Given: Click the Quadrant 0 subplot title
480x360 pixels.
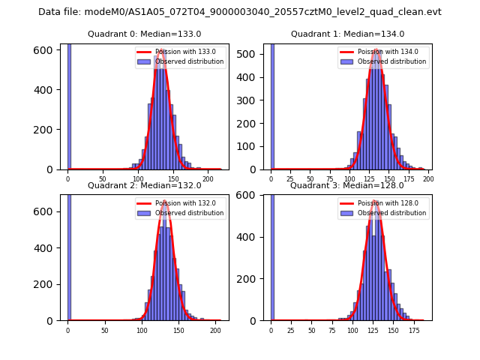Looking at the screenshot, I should (x=144, y=34).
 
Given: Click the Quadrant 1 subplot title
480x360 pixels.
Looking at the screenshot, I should (x=347, y=34).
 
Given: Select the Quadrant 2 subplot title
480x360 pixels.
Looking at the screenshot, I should (x=144, y=185).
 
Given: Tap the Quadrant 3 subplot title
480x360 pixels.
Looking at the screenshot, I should (x=347, y=185).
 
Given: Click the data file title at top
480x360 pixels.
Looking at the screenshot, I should (x=240, y=12).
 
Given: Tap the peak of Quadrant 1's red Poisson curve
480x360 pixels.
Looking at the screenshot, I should (x=377, y=50).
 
